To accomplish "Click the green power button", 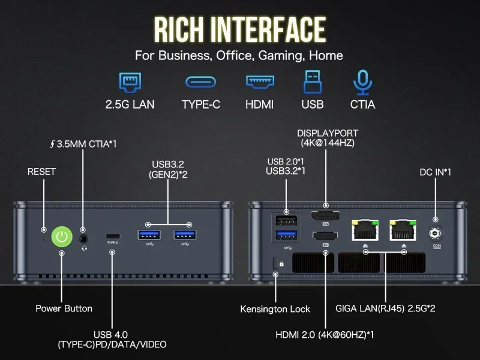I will tap(61, 237).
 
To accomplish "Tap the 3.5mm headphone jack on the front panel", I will tap(83, 236).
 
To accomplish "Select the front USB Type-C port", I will tap(112, 235).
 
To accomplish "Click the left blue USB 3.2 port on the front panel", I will tap(148, 234).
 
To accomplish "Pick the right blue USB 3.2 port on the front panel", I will tap(185, 234).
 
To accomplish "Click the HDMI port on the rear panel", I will tap(325, 236).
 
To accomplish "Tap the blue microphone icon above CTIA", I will tap(362, 82).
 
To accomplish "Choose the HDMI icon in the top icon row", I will tap(260, 82).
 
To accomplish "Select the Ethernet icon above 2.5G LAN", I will tap(130, 82).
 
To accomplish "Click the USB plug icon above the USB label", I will tap(313, 82).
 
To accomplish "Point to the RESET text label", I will tap(41, 172).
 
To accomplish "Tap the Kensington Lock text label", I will tap(275, 309).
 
